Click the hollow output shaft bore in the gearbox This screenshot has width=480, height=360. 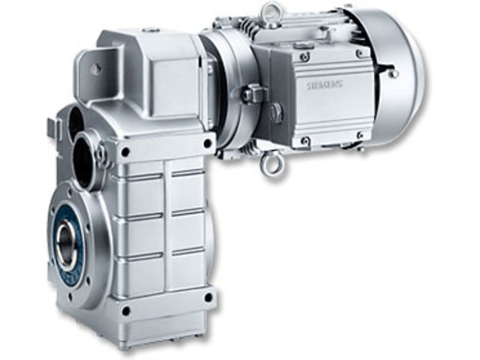pyautogui.click(x=66, y=244)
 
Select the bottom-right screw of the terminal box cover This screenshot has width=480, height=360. pyautogui.click(x=361, y=135)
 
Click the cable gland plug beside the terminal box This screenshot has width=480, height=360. pyautogui.click(x=253, y=94)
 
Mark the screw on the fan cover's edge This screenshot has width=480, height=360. pyautogui.click(x=392, y=73)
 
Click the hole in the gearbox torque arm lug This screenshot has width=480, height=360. pyautogui.click(x=95, y=68)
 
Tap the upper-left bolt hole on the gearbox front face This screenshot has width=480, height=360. pyautogui.click(x=124, y=152)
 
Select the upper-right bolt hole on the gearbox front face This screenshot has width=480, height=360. pyautogui.click(x=207, y=142)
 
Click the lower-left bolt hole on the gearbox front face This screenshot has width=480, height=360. pyautogui.click(x=125, y=310)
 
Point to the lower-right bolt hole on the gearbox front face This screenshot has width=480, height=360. pyautogui.click(x=207, y=296)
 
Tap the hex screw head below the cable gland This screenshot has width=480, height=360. pyautogui.click(x=276, y=113)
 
